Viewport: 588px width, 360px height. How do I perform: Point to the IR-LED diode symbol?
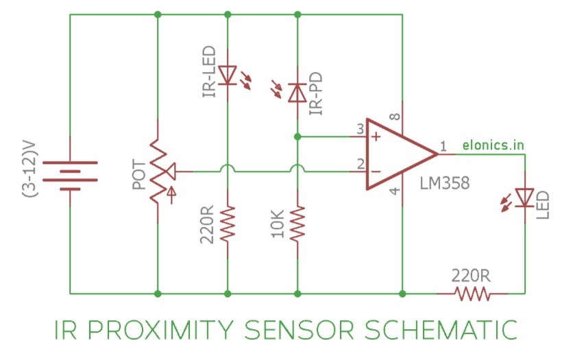click(x=228, y=74)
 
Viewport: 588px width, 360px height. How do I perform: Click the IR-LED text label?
click(x=209, y=73)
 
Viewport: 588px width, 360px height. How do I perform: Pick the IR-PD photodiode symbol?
click(x=297, y=92)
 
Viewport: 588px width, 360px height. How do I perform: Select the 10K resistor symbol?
click(x=297, y=224)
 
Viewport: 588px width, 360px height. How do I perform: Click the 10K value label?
click(x=278, y=224)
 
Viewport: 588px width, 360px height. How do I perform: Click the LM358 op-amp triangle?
click(x=397, y=154)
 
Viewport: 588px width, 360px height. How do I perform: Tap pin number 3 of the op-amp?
click(x=359, y=129)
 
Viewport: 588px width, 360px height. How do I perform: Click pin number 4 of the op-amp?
click(x=395, y=191)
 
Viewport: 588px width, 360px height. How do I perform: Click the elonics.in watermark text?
click(x=493, y=145)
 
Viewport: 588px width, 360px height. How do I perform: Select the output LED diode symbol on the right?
click(x=525, y=198)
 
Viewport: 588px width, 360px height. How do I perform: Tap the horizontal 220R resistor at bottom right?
click(x=472, y=293)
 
